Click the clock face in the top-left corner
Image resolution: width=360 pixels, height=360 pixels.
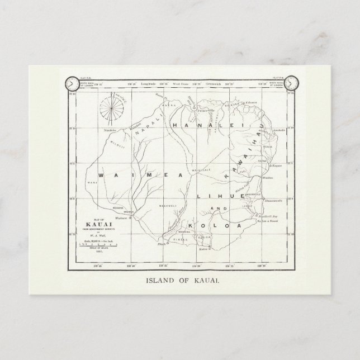[x=71, y=84]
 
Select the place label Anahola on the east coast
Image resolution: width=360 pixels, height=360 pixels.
[x=278, y=130]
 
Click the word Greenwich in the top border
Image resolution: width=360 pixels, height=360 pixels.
[x=217, y=83]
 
